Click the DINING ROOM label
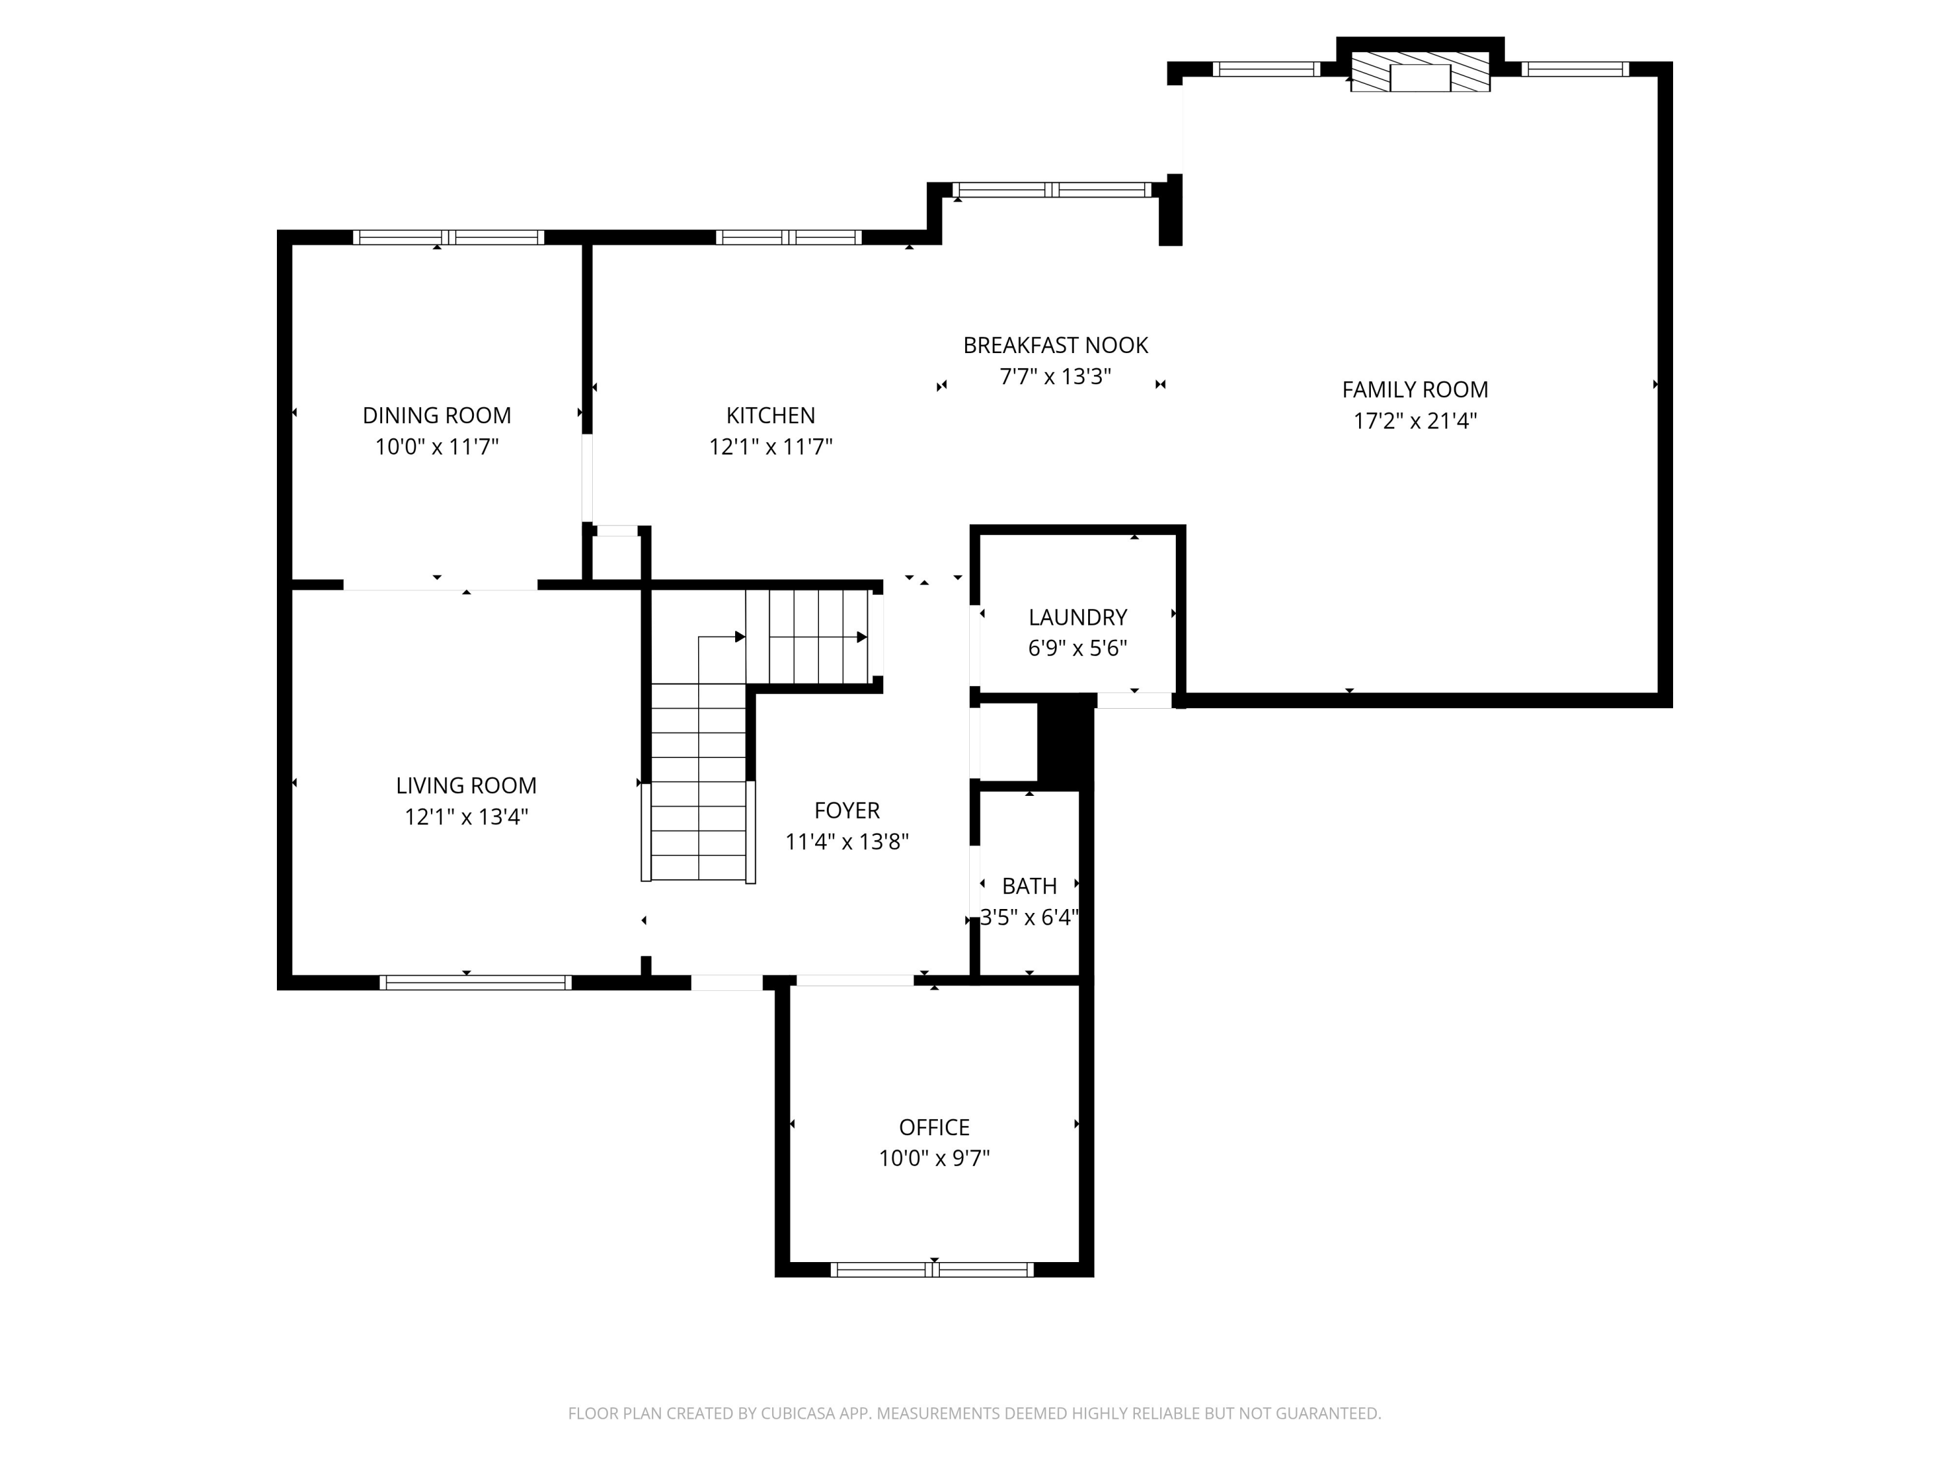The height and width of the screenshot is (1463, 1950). click(x=436, y=415)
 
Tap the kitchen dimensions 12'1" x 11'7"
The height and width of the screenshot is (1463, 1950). click(x=770, y=447)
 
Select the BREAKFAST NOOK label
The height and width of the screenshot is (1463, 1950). click(x=1055, y=346)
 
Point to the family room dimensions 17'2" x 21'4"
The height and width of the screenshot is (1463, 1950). click(x=1415, y=421)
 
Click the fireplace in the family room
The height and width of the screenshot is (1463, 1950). click(x=1420, y=72)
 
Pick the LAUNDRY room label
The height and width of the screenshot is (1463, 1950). click(x=1077, y=617)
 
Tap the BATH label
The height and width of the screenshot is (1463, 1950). click(x=1029, y=886)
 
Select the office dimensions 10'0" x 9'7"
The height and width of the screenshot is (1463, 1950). click(x=933, y=1158)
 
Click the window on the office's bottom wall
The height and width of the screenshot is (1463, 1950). click(x=932, y=1270)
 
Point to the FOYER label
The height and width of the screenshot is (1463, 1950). click(x=846, y=810)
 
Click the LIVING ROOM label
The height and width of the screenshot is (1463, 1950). click(x=465, y=785)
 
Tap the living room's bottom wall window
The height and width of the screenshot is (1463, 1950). click(x=475, y=982)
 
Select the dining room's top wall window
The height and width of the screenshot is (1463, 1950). click(x=448, y=237)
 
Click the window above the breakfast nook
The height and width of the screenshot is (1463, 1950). click(x=1052, y=190)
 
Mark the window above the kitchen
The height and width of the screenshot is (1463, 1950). click(x=788, y=237)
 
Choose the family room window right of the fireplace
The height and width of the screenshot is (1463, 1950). click(x=1574, y=69)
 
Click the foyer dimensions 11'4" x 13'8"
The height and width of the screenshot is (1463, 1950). click(x=846, y=842)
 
